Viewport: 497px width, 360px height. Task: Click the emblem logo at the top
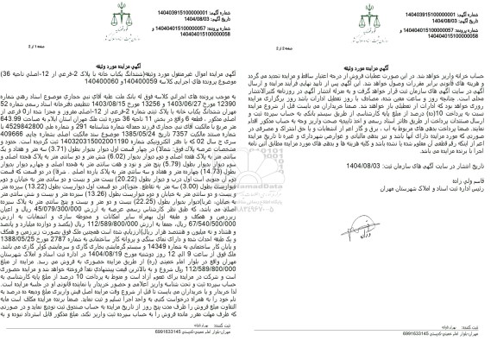(249, 15)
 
